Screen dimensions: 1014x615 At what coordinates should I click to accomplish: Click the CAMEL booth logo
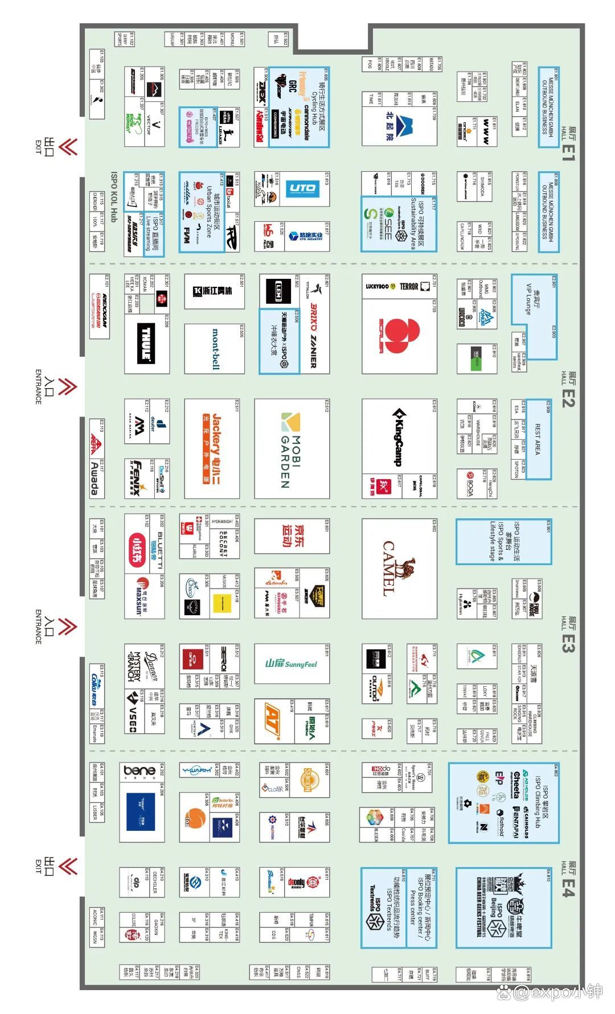[399, 568]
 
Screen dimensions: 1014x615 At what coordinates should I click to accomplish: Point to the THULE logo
[146, 343]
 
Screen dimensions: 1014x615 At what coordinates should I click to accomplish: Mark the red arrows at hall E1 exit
[68, 147]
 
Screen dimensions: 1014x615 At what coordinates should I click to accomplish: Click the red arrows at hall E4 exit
[68, 867]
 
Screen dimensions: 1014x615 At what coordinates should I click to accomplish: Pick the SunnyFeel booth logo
[291, 664]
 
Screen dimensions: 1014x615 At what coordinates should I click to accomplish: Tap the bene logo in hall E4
[140, 771]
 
